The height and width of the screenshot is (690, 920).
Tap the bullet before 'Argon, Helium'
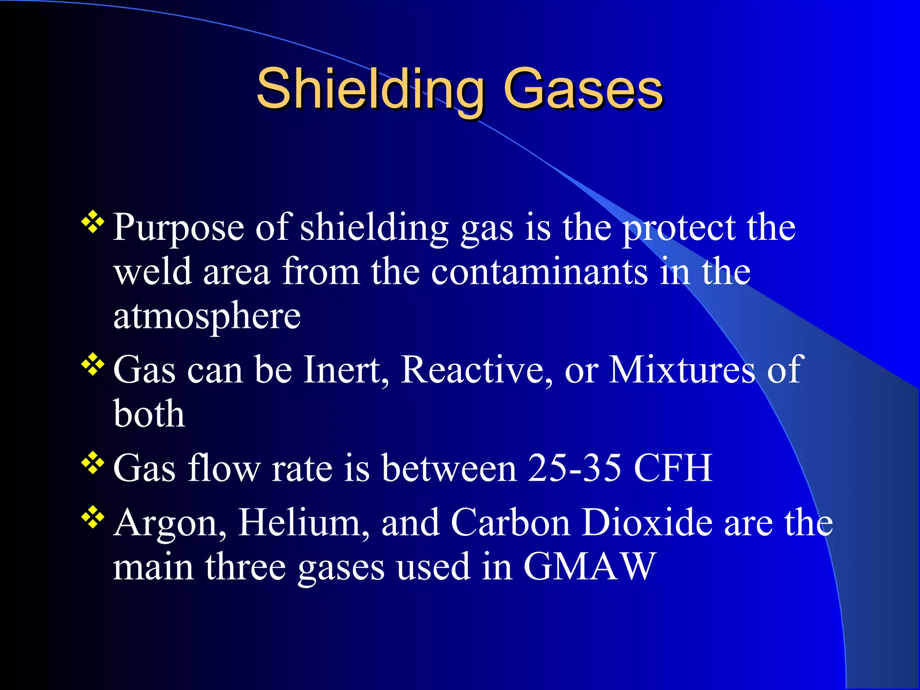[x=93, y=517]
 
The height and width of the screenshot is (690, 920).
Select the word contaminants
[x=539, y=272]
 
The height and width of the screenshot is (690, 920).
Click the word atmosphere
[x=207, y=317]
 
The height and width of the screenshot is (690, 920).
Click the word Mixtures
[x=681, y=370]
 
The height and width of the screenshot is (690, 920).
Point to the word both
[x=149, y=414]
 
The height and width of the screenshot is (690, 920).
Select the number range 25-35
[x=575, y=468]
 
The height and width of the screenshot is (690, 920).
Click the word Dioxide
[x=647, y=523]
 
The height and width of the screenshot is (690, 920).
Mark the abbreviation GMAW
[x=590, y=567]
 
